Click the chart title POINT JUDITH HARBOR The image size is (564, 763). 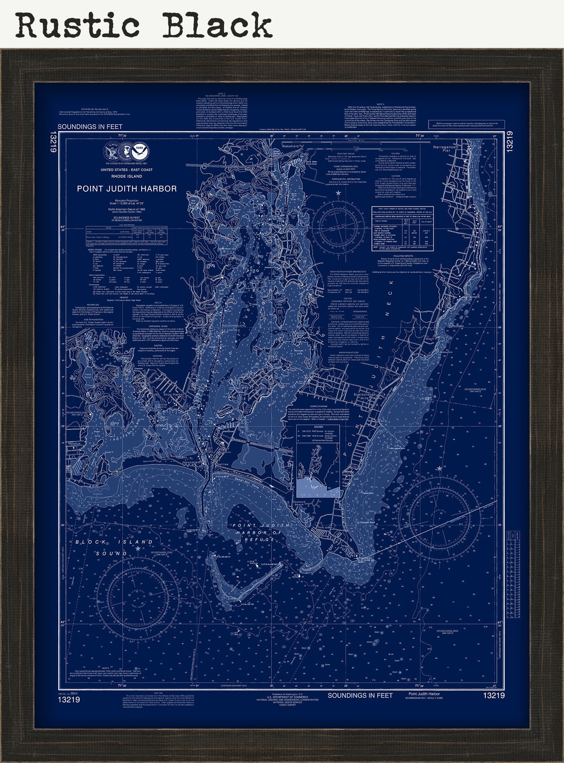tap(127, 189)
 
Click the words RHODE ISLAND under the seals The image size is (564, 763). tap(127, 176)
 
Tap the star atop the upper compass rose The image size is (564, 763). tap(338, 192)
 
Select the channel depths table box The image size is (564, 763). tap(402, 228)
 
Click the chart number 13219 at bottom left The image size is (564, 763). tap(68, 700)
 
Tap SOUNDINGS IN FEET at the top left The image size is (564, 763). tap(90, 127)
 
